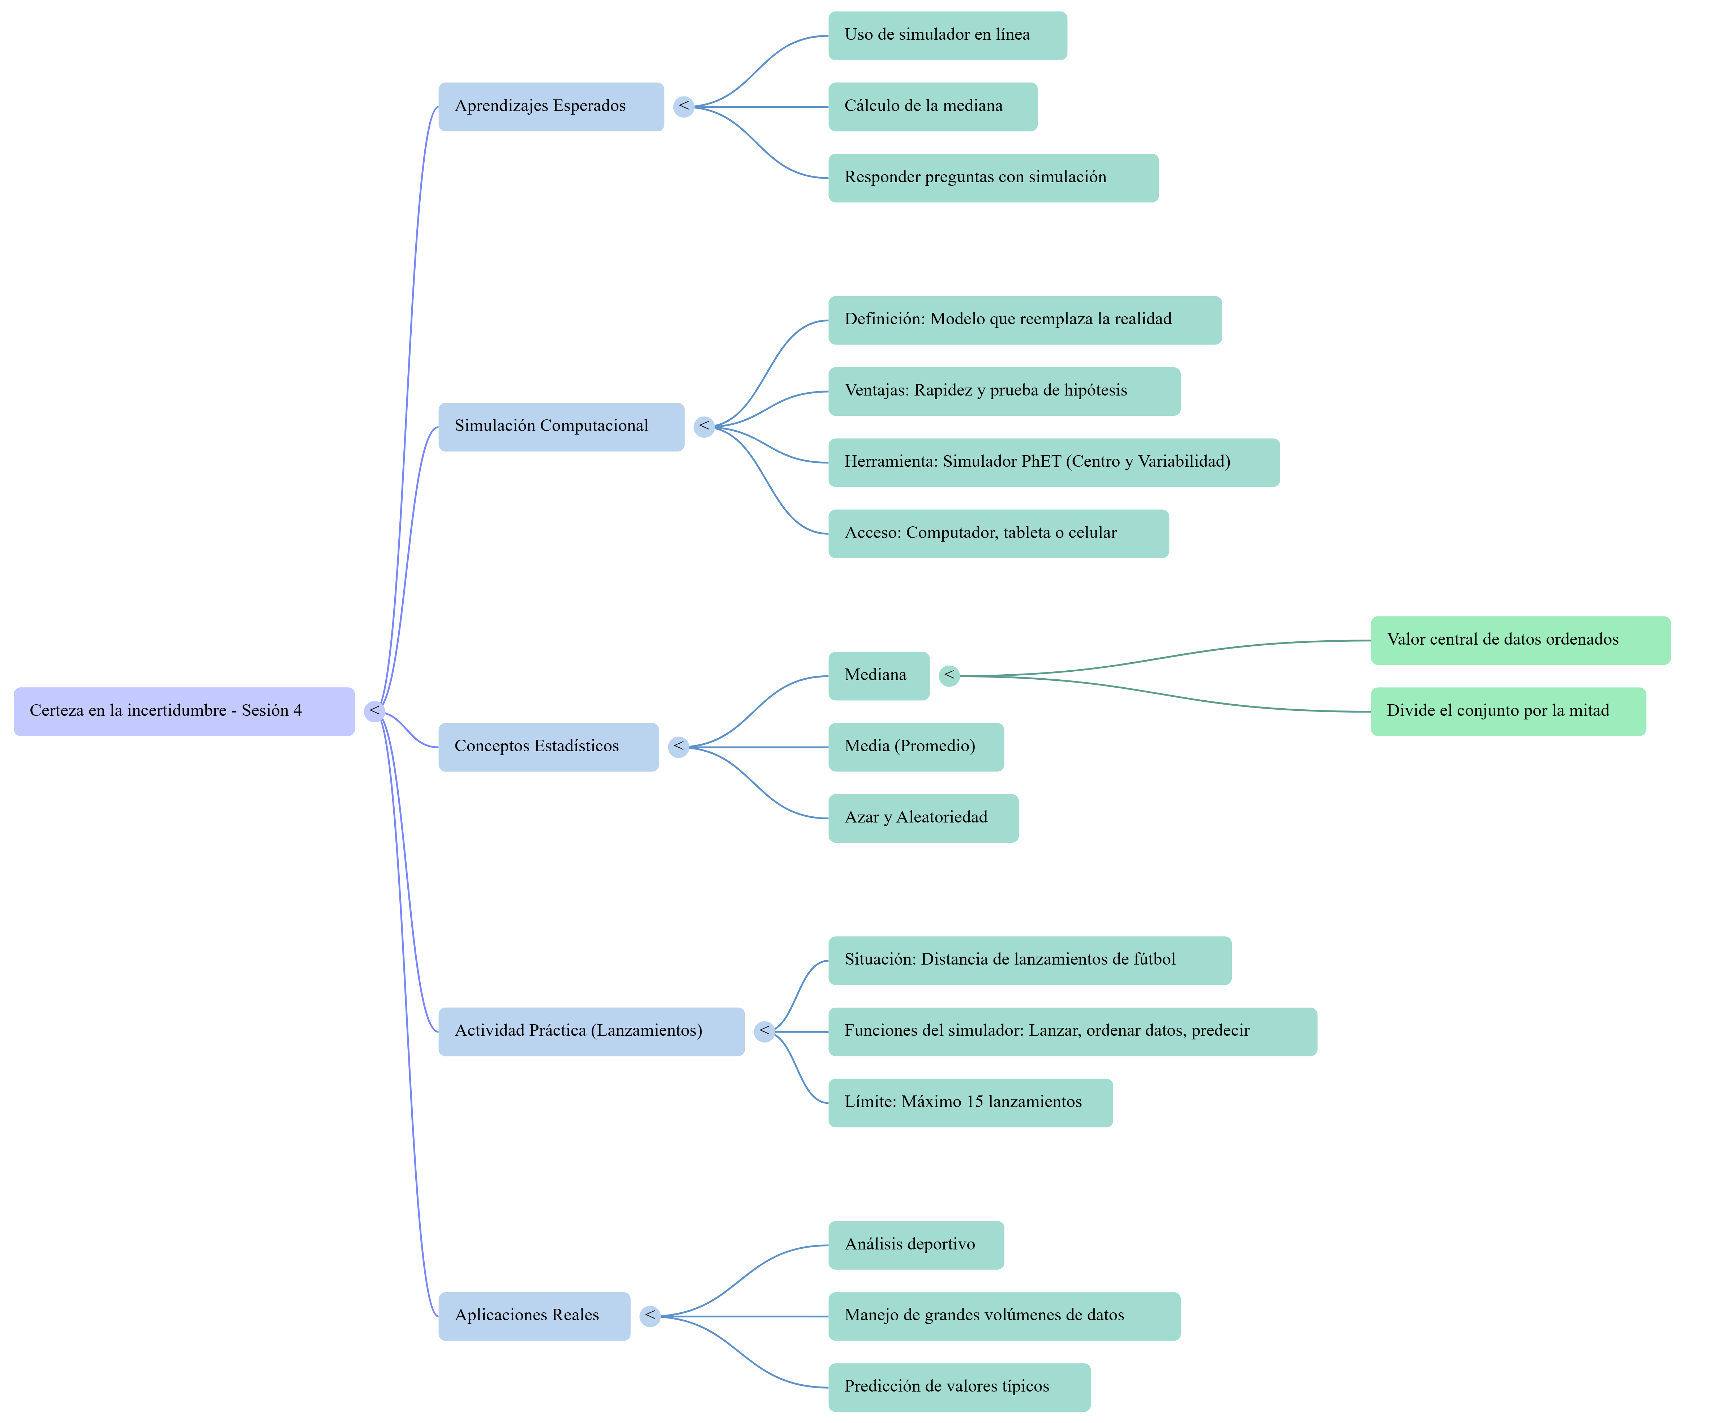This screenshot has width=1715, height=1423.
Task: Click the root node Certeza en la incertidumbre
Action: coord(184,711)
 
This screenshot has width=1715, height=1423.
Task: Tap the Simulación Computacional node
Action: coord(561,426)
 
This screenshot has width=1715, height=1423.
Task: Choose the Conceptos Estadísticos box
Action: coord(548,747)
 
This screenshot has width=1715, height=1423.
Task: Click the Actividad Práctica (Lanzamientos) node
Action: coord(591,1031)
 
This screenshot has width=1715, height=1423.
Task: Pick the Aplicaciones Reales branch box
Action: coord(534,1315)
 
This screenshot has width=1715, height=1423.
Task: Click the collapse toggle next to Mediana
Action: coord(949,676)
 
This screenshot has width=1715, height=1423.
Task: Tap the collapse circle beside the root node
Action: coord(374,711)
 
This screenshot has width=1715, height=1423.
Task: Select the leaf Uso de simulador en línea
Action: coord(947,35)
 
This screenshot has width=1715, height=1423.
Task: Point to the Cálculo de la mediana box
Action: coord(932,106)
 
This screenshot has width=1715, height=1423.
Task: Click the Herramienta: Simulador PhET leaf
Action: coord(1054,462)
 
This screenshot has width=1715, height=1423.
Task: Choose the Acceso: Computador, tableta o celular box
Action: coord(998,533)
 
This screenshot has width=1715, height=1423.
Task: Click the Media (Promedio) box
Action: coord(916,747)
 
